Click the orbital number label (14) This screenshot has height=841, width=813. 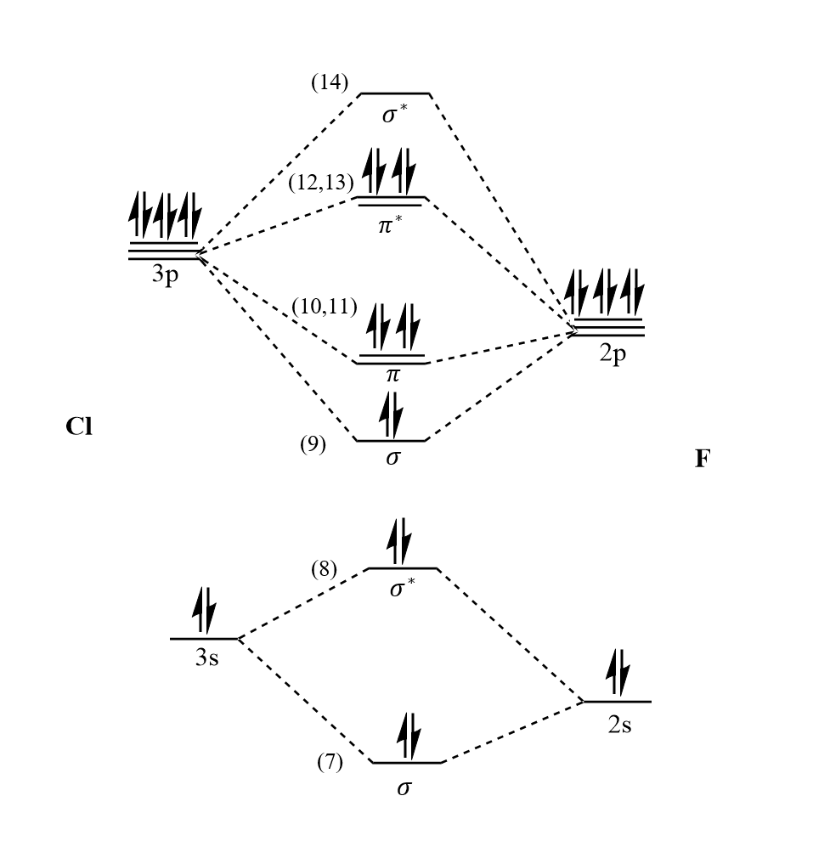(x=330, y=83)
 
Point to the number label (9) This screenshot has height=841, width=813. (x=313, y=444)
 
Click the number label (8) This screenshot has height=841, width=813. (x=324, y=568)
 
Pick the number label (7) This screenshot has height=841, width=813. (x=330, y=763)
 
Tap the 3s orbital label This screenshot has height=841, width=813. (x=206, y=657)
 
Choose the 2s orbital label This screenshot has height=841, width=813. (x=618, y=726)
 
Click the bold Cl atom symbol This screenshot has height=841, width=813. (x=79, y=426)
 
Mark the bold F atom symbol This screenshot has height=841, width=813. (x=702, y=460)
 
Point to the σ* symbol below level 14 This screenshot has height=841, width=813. (x=392, y=115)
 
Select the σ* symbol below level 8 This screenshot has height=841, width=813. (x=403, y=588)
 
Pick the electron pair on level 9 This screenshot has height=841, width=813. (x=391, y=415)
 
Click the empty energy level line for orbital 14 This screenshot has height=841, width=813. (x=394, y=94)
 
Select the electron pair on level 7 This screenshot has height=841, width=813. (x=408, y=735)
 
